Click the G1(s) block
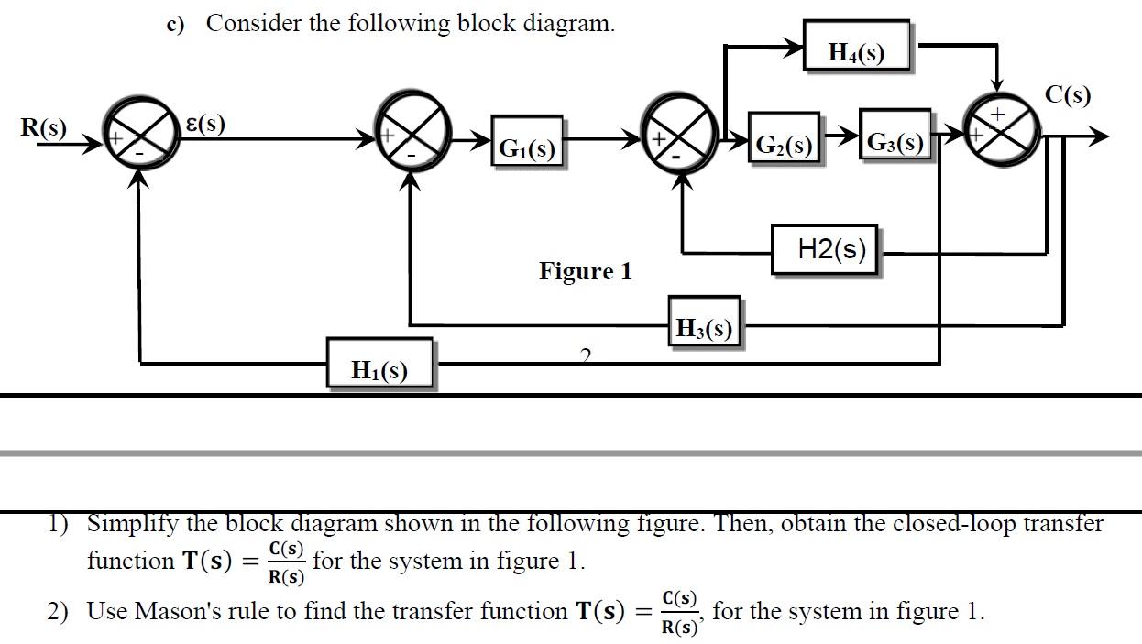(526, 142)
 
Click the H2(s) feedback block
(824, 249)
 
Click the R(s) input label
(44, 127)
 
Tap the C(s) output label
(1068, 94)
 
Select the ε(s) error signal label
(205, 124)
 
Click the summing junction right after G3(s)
(1001, 134)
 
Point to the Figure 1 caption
(585, 271)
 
